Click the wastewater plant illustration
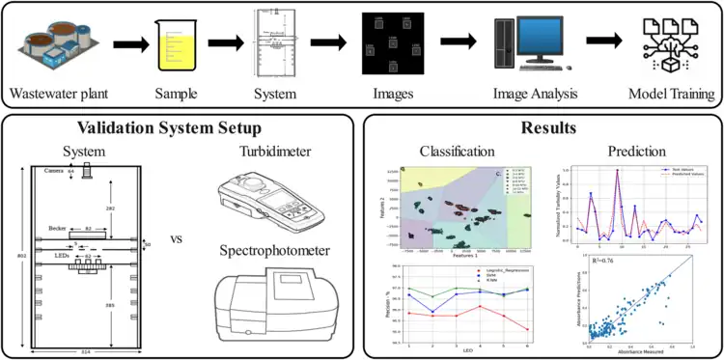pyautogui.click(x=54, y=43)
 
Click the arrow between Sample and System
pyautogui.click(x=226, y=43)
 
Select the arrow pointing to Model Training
pyautogui.click(x=604, y=43)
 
